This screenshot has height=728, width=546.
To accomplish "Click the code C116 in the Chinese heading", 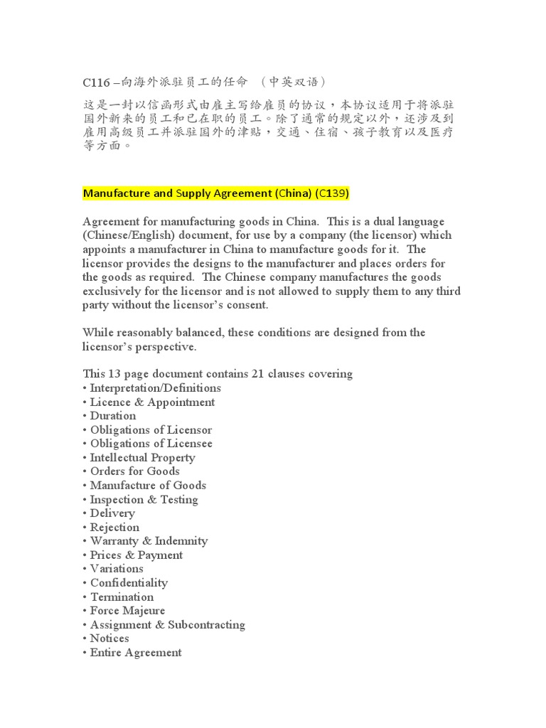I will point(97,82).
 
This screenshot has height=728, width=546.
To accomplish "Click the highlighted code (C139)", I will point(332,193).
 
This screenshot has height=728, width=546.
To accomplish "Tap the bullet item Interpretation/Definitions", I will point(155,388).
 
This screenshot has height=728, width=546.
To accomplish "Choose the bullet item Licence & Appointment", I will point(152,402).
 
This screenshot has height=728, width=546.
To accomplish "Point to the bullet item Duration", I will point(112,416).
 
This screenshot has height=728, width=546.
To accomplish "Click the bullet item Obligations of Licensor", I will point(151,430).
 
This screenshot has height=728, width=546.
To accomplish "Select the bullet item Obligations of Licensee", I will point(151,444).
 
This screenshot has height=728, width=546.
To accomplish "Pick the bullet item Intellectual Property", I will point(142,458).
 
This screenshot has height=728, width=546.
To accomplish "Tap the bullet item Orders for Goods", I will point(134,471).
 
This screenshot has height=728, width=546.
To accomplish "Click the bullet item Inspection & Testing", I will point(144,500).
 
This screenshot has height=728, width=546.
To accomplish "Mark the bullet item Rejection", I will point(114,528).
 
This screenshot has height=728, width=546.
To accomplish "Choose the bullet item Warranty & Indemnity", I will point(149,541).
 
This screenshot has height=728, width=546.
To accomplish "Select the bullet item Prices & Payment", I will point(136,555).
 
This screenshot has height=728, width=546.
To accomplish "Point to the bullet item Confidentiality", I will point(129,583).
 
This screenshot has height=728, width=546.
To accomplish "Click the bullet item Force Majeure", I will point(127,611).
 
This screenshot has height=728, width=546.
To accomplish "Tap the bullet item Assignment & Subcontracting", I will point(167,625).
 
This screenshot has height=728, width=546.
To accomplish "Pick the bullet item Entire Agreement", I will point(136,653).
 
